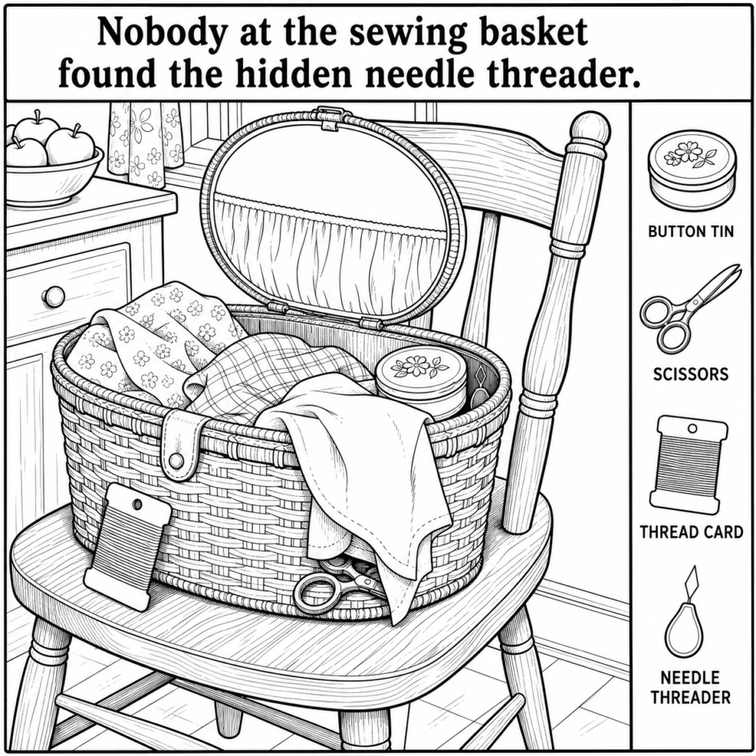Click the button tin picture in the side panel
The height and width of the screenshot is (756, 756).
[693, 172]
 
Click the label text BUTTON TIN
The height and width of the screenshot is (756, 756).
[690, 232]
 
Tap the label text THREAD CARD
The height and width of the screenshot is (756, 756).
[691, 532]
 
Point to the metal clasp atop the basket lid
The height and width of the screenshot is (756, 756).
[331, 117]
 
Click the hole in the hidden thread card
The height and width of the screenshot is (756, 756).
[137, 505]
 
